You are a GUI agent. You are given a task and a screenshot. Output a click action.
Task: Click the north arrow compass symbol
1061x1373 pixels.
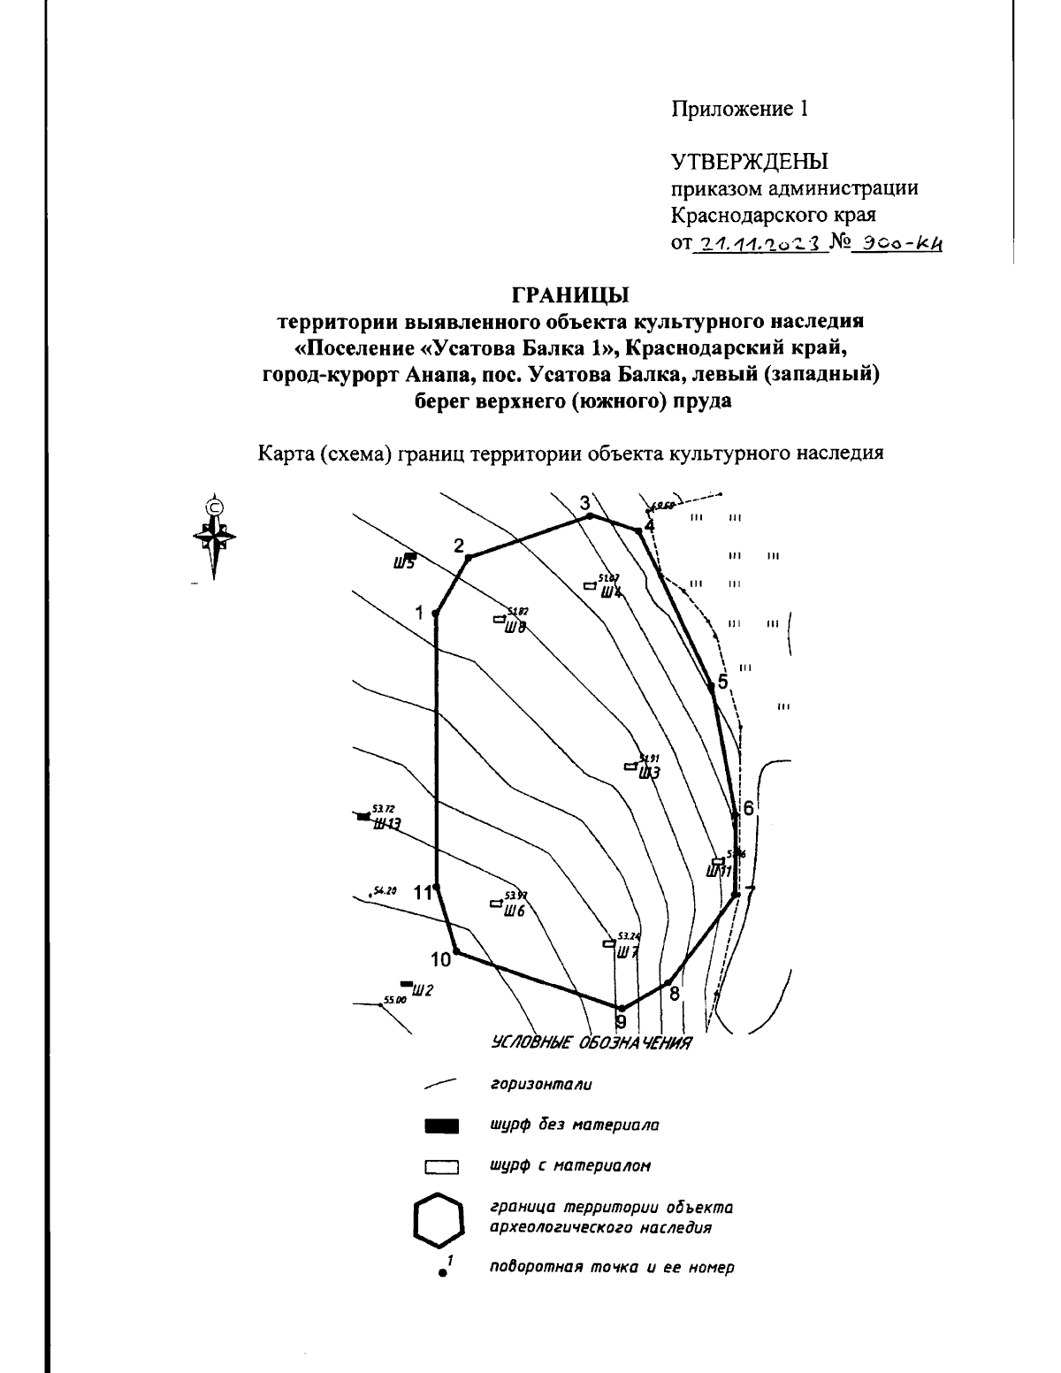214,534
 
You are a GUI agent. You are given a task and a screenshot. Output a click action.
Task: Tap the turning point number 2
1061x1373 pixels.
459,545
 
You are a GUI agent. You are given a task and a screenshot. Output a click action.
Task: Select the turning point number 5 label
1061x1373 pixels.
722,682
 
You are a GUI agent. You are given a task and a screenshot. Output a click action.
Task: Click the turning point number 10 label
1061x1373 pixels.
440,959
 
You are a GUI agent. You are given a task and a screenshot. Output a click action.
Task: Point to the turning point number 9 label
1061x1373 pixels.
621,1022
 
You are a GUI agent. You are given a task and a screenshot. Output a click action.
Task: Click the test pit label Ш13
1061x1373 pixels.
387,825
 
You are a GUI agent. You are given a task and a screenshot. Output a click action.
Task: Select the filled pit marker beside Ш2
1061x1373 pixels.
406,983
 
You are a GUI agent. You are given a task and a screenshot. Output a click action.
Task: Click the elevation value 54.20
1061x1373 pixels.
385,891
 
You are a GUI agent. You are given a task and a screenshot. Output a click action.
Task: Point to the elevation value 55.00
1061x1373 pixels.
394,1000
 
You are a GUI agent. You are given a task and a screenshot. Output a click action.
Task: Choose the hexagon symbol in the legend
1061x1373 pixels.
439,1220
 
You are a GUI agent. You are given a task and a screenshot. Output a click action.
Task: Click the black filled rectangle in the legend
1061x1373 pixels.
441,1125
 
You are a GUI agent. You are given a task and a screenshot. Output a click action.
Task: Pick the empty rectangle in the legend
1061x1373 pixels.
441,1167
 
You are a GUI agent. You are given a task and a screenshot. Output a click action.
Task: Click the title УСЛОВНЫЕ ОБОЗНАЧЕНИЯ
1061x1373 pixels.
591,1043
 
